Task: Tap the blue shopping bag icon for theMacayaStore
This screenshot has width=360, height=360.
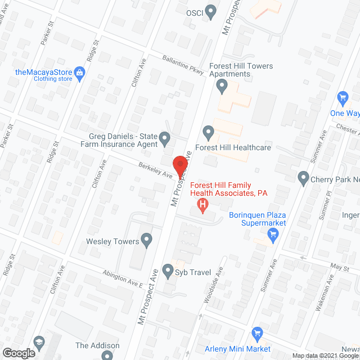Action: click(x=79, y=72)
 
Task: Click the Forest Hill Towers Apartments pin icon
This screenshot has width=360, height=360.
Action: click(x=222, y=87)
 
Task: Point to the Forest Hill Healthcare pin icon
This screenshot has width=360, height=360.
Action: click(x=209, y=133)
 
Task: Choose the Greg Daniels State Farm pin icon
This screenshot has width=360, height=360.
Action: click(x=164, y=138)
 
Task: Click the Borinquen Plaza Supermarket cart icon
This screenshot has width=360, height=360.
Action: click(x=273, y=236)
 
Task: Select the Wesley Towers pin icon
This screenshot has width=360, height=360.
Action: click(x=147, y=241)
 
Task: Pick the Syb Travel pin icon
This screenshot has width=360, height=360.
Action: click(x=168, y=272)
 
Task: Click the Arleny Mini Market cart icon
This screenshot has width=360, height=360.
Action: click(x=257, y=333)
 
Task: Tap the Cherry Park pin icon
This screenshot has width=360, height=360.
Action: click(x=304, y=179)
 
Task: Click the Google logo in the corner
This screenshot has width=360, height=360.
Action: click(x=19, y=353)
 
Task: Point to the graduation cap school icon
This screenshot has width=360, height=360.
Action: click(x=39, y=341)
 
